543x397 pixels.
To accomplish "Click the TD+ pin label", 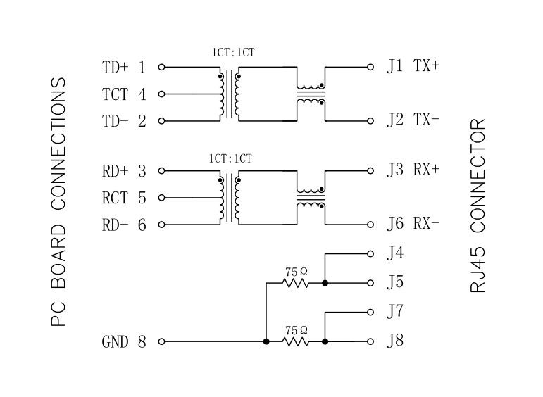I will (116, 68).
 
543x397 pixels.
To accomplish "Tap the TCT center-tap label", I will (114, 94).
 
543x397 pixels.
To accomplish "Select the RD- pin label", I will (116, 225).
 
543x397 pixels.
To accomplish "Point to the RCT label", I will (114, 198).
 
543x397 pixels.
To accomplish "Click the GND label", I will (115, 342).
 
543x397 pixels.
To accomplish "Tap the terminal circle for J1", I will (370, 67).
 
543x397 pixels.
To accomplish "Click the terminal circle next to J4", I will (370, 253).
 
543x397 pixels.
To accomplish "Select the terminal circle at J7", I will (370, 312).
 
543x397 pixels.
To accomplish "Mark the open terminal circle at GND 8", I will (161, 341).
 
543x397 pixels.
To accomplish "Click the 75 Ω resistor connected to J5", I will (296, 283).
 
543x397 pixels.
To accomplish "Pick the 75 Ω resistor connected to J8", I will (296, 341).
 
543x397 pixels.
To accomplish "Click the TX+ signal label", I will (427, 66).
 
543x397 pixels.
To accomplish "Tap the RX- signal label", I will (427, 225).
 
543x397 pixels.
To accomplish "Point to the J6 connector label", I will (395, 225).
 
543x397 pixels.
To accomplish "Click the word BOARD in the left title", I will (58, 258).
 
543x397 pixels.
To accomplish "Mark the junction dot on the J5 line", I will (325, 283).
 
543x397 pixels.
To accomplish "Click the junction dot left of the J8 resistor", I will (266, 341).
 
